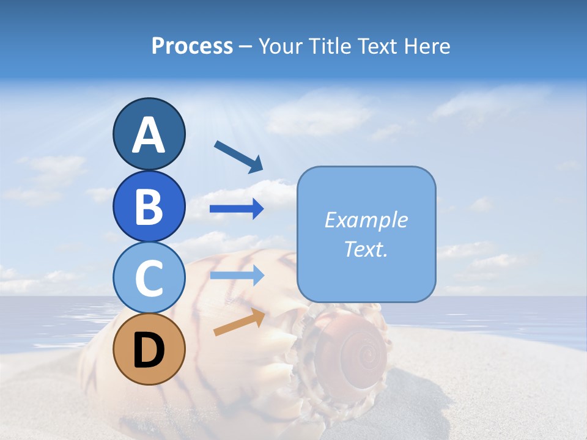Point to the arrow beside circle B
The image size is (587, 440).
pos(237,209)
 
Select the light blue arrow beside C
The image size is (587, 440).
pos(237,275)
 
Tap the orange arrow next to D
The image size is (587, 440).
pos(239,322)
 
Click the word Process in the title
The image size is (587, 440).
pos(192,46)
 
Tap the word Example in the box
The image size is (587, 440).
pos(366,220)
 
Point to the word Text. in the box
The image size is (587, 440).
pos(366,249)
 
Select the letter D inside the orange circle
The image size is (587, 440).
pos(149,351)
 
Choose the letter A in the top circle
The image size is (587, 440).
pos(149,135)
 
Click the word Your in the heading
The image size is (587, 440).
pos(280,46)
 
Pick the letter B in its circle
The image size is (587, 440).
pos(149,207)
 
